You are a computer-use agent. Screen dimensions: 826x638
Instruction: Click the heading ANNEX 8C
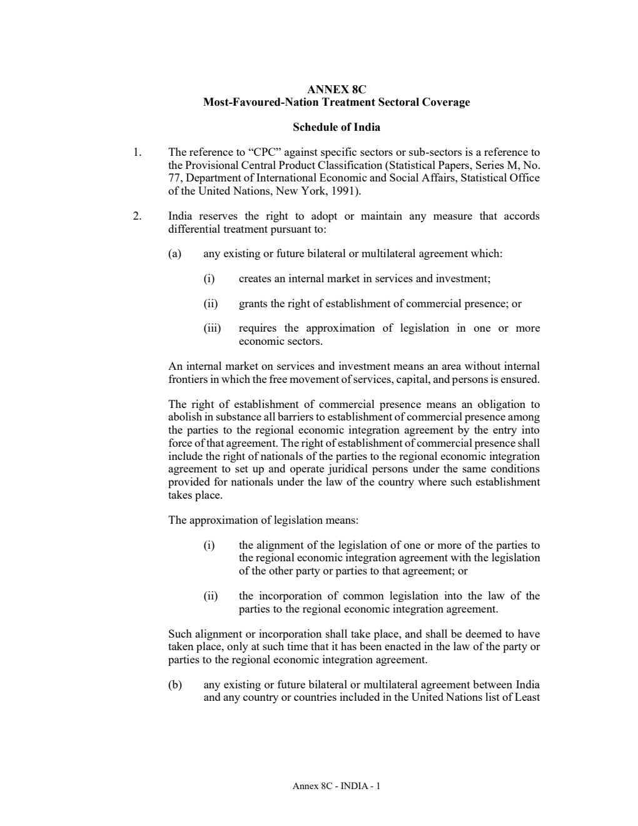click(336, 89)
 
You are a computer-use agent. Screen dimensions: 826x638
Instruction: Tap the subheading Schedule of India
click(336, 127)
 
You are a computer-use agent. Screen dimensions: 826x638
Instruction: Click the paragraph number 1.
click(136, 152)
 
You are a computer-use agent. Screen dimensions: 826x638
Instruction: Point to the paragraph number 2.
click(136, 216)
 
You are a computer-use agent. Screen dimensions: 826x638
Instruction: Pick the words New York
click(302, 191)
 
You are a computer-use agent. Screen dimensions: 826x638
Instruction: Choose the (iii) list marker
click(212, 329)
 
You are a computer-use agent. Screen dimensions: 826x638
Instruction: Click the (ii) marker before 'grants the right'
click(211, 303)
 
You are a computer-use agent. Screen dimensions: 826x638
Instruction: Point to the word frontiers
click(189, 379)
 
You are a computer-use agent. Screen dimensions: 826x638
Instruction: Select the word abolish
click(185, 417)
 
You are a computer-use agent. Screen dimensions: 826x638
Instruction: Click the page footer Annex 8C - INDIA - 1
click(336, 786)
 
